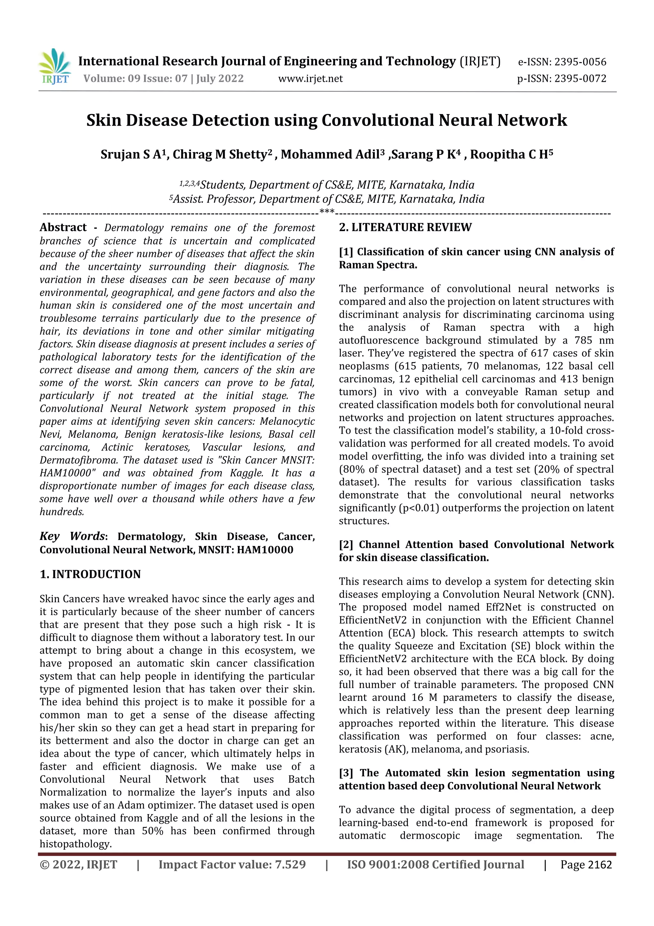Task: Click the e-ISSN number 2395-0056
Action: (580, 62)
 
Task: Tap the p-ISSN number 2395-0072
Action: (580, 79)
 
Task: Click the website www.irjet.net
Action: (310, 79)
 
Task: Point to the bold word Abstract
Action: (63, 228)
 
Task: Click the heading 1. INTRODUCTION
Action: (90, 574)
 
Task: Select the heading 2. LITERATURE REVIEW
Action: (405, 228)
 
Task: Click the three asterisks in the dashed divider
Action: (327, 212)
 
